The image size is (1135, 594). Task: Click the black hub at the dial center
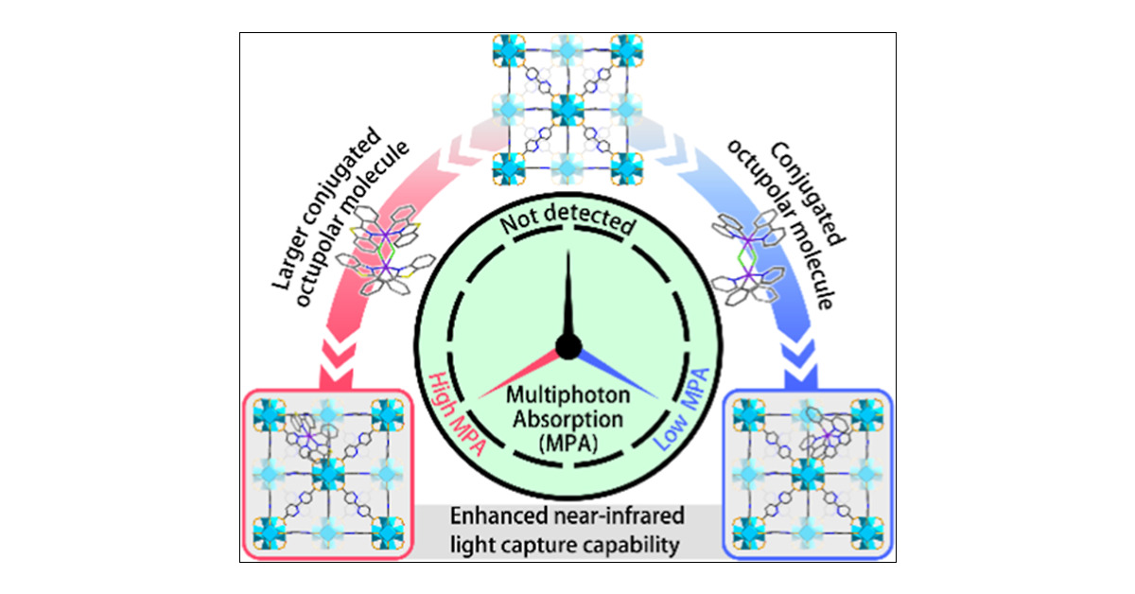coord(567,347)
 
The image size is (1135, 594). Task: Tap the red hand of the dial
coord(525,373)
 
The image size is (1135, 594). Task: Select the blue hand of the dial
coord(611,373)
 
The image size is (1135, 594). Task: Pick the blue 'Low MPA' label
coord(683,407)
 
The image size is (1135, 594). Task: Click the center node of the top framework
coord(567,109)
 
